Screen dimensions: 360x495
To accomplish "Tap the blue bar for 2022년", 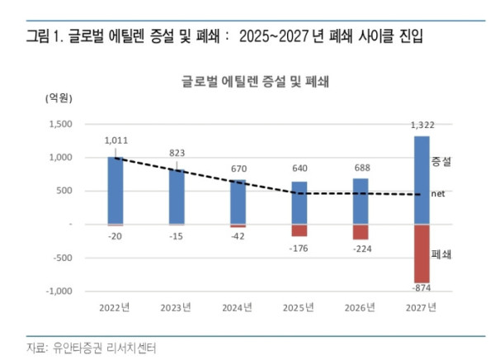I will pos(115,190).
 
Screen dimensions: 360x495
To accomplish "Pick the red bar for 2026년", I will pos(361,232).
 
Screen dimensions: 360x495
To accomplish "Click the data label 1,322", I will pos(422,126).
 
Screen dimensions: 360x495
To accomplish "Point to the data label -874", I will pos(422,288).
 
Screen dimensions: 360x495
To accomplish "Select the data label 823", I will pos(177,153).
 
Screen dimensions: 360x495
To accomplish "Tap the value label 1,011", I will pos(115,141).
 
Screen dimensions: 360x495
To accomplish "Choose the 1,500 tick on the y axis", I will pos(60,124).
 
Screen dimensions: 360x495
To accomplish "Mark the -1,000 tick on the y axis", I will pos(59,291).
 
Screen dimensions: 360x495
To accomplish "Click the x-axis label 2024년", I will pos(238,307).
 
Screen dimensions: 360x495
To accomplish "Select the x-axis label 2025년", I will pos(299,307).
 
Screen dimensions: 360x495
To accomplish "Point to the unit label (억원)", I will pos(58,97).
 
